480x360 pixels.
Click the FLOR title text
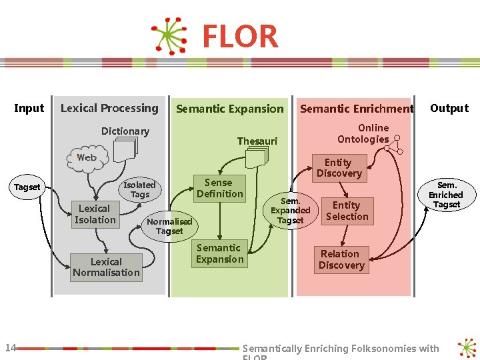[x=240, y=37]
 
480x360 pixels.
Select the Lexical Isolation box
[x=95, y=214]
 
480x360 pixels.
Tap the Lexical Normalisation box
[x=107, y=267]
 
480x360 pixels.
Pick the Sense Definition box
[x=219, y=188]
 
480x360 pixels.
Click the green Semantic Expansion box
[x=219, y=253]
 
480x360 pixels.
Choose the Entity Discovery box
[x=339, y=168]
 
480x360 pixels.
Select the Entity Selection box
[x=347, y=211]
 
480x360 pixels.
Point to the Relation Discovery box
[x=341, y=259]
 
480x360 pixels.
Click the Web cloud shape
[x=87, y=158]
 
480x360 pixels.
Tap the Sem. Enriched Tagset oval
[x=446, y=195]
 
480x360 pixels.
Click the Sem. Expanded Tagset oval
[x=291, y=210]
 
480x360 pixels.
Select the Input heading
[x=29, y=108]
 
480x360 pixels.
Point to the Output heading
[x=449, y=108]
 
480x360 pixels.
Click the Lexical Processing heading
[x=109, y=108]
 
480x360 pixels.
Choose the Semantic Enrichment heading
[x=357, y=109]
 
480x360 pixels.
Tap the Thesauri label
[x=257, y=141]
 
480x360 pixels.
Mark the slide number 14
[x=10, y=347]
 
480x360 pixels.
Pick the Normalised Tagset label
[x=169, y=226]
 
